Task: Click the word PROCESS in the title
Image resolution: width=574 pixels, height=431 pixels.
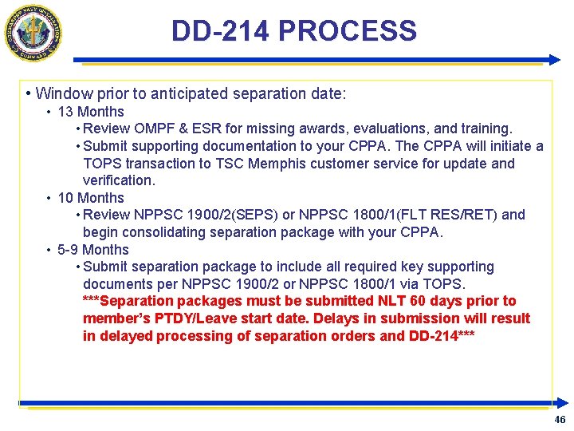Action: [348, 31]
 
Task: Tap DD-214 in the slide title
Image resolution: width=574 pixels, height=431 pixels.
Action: [221, 31]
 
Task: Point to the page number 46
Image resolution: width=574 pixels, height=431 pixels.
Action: [560, 420]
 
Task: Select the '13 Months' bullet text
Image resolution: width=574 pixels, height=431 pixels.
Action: [91, 112]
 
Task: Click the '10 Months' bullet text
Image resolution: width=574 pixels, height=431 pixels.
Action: [91, 198]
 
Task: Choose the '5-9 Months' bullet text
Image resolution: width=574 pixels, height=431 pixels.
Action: [93, 250]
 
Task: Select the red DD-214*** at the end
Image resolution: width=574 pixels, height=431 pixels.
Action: [442, 336]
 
